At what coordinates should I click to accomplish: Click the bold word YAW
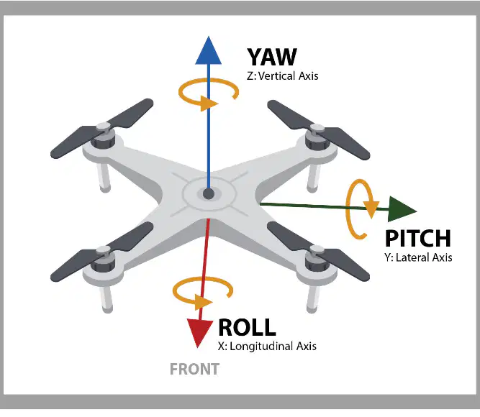coord(272,57)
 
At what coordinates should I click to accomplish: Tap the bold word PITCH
coord(418,238)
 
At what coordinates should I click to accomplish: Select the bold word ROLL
coord(247,327)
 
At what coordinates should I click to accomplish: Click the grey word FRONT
coord(194,369)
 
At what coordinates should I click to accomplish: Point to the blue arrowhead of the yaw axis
coord(209,50)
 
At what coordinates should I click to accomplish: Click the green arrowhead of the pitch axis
coord(402,209)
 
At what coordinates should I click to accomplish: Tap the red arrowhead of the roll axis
coord(199,333)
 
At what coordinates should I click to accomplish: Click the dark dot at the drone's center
coord(209,193)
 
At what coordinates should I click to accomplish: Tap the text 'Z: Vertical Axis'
coord(283,76)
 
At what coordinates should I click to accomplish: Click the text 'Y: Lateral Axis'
coord(418,257)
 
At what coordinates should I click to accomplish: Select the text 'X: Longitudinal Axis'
coord(267,346)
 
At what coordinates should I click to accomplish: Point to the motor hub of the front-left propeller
coord(104,259)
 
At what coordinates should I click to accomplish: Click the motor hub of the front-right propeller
coord(317,259)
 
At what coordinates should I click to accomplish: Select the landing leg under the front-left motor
coord(106,298)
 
